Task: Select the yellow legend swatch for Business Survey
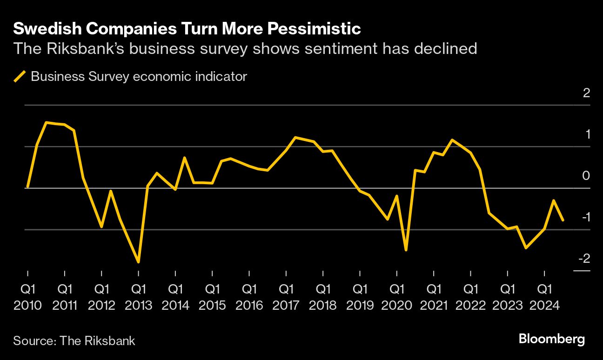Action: [20, 76]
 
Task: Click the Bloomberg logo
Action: [551, 339]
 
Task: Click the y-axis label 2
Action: [586, 93]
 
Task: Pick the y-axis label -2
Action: [584, 259]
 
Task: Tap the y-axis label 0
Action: [586, 176]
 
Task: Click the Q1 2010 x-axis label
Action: [28, 297]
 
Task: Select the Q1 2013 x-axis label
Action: [138, 297]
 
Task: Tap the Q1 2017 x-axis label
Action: [286, 297]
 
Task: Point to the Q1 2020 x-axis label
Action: [396, 297]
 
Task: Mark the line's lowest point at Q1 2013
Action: [138, 262]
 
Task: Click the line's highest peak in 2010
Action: [46, 122]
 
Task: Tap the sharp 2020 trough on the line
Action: [406, 250]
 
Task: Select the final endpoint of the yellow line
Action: [563, 220]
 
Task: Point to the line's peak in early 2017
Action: [295, 137]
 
